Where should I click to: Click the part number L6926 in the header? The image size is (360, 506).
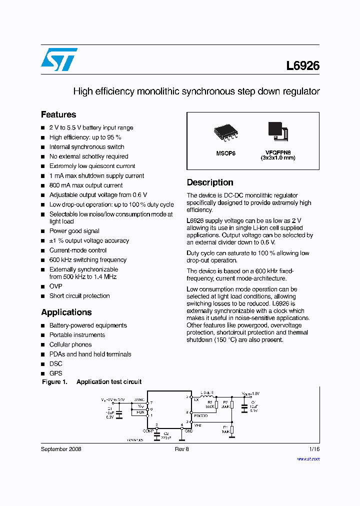coord(302,66)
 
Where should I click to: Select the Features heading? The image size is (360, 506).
coord(58,114)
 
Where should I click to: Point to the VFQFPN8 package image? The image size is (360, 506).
coord(277,130)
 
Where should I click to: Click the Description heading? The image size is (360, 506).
coord(210,182)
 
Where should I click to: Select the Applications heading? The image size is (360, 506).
coord(66,312)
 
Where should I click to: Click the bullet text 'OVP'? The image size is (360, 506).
coord(55,286)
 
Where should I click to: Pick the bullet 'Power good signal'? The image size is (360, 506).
coord(74,231)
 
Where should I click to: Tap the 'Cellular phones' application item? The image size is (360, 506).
coord(70,344)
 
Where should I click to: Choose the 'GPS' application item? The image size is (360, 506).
coord(55,373)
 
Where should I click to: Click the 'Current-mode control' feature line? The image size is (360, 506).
coord(77,250)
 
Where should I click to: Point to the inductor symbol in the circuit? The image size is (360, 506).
coord(207,397)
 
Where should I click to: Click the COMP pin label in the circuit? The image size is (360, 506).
coord(148,430)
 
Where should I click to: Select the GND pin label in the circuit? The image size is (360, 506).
coord(188,430)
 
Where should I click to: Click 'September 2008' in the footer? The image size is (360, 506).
coord(61,449)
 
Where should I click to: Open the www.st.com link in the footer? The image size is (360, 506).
coord(308,458)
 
